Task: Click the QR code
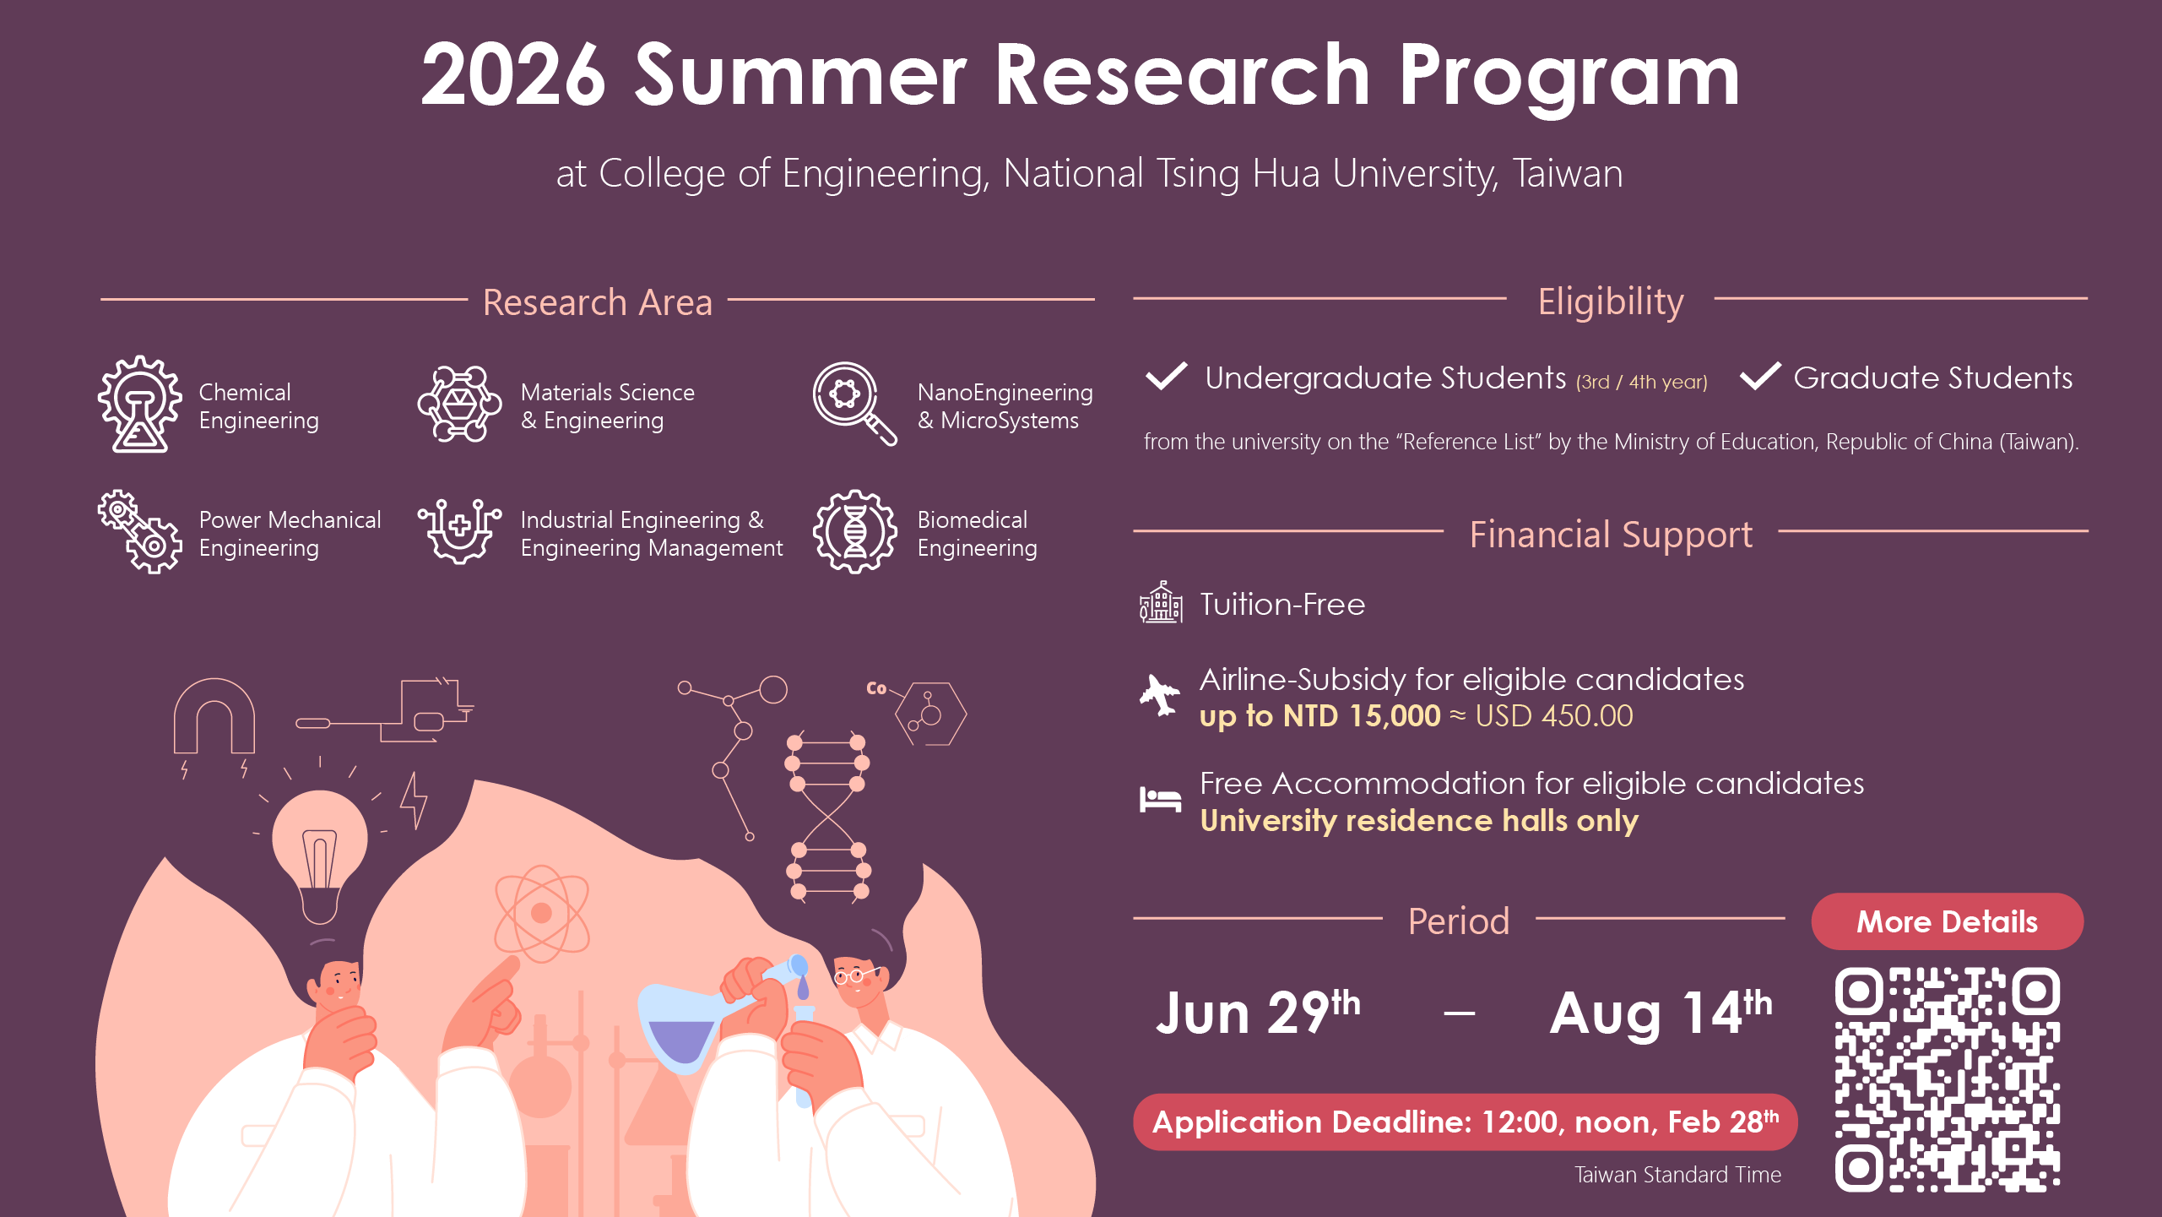coord(1947,1078)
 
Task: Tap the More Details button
coord(1947,921)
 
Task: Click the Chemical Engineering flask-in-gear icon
coord(140,404)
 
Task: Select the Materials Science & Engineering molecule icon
coord(460,404)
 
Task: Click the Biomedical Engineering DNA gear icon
coord(854,532)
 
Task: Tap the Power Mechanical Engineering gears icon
coord(140,532)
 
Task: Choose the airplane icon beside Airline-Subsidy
coord(1160,695)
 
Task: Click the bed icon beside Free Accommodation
coord(1160,799)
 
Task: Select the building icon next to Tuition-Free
coord(1161,603)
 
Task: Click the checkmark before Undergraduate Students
coord(1166,376)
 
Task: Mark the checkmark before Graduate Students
coord(1760,376)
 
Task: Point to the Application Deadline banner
coord(1465,1122)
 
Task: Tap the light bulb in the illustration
coord(320,853)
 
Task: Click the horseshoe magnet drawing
coord(214,715)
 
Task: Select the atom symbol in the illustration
coord(541,913)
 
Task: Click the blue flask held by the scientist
coord(680,1026)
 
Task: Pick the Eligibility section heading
coord(1610,302)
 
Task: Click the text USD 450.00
coord(1553,716)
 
